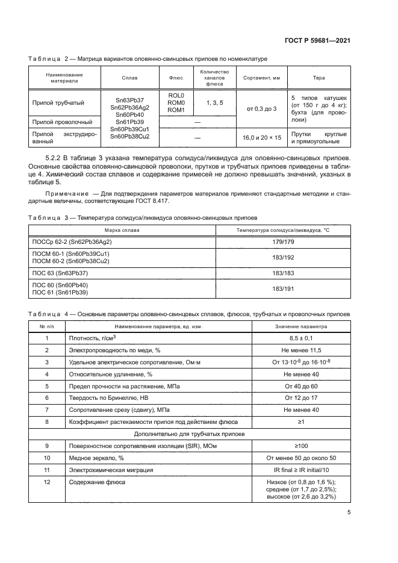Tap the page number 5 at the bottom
pyautogui.click(x=349, y=512)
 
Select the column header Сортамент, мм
pyautogui.click(x=261, y=78)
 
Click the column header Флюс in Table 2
pyautogui.click(x=176, y=78)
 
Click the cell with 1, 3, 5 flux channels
pyautogui.click(x=215, y=103)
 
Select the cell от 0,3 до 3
pyautogui.click(x=261, y=108)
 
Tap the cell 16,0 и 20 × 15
pyautogui.click(x=261, y=138)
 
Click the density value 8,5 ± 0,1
pyautogui.click(x=300, y=338)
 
